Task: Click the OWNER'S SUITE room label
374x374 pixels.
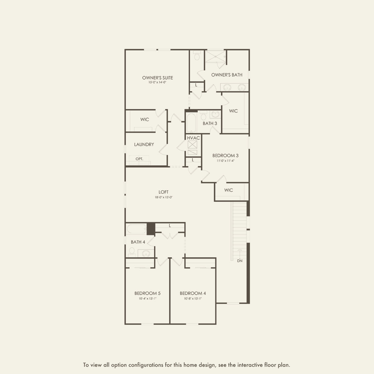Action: [157, 78]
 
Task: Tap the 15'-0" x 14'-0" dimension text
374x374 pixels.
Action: [157, 82]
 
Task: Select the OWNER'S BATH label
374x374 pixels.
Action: [227, 75]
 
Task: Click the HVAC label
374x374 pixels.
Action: [193, 138]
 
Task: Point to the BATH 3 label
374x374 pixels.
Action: [210, 123]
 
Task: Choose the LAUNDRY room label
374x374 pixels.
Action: [144, 144]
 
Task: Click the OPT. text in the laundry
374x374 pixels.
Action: [139, 159]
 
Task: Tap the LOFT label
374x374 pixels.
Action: [163, 192]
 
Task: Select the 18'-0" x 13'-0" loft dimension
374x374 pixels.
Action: [163, 197]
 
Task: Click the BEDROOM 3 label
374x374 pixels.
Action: [225, 155]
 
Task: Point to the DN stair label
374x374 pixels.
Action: [240, 261]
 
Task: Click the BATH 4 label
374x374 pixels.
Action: [138, 242]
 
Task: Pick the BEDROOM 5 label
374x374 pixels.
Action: [147, 293]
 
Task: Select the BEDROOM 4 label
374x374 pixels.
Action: [193, 293]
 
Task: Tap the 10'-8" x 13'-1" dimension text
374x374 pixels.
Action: [193, 299]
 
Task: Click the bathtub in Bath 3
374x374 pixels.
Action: [192, 123]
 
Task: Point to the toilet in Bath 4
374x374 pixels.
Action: [132, 252]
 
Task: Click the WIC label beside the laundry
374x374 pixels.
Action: [144, 119]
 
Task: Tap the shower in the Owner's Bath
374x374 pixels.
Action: [216, 57]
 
